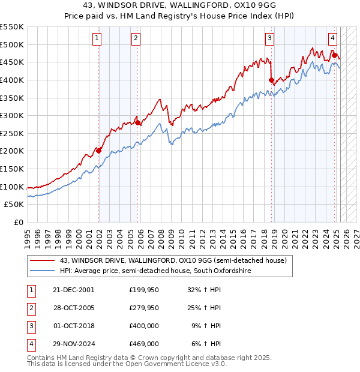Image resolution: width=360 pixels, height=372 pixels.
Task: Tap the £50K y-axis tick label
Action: [14, 205]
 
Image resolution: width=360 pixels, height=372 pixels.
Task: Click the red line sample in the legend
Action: [42, 260]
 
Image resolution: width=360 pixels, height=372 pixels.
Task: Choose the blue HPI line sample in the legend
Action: [42, 271]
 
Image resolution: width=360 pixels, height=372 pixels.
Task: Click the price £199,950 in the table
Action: [143, 290]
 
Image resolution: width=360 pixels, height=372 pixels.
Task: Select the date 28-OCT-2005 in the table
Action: [74, 308]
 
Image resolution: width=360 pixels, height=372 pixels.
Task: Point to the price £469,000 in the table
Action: [143, 344]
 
